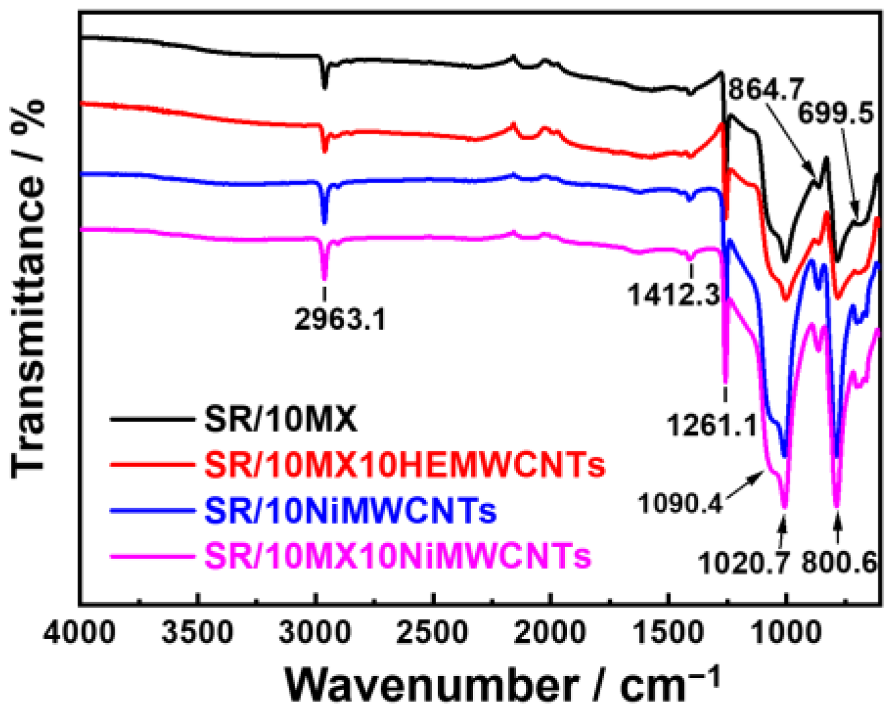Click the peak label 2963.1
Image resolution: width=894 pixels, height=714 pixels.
pyautogui.click(x=340, y=319)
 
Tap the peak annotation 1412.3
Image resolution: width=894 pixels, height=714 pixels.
pyautogui.click(x=674, y=295)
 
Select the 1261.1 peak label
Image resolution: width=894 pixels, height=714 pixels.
pyautogui.click(x=711, y=426)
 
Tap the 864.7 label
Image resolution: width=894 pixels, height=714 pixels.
pyautogui.click(x=766, y=89)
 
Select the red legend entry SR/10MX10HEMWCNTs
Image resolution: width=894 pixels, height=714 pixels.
pyautogui.click(x=405, y=465)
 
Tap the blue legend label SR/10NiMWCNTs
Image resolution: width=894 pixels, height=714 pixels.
pyautogui.click(x=351, y=511)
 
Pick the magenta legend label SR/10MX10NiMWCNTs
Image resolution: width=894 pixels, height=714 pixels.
pyautogui.click(x=397, y=556)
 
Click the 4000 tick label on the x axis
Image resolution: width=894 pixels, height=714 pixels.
pyautogui.click(x=80, y=631)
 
